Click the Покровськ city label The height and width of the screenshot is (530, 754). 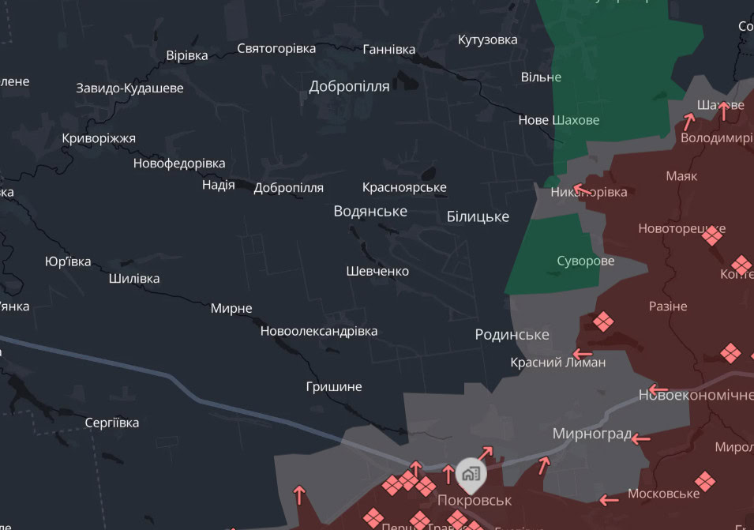[475, 501]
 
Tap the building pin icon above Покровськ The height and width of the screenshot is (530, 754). [471, 473]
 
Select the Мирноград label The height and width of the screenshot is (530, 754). [592, 434]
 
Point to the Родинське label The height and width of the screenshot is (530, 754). [512, 335]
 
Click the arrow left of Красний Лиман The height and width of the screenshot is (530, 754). [583, 354]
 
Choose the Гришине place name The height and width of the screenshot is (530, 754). [334, 387]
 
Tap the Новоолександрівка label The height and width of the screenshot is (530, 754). [319, 332]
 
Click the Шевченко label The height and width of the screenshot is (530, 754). [377, 272]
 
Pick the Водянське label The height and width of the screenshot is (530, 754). [370, 211]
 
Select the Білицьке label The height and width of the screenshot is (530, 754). [478, 216]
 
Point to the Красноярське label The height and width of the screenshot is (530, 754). [404, 188]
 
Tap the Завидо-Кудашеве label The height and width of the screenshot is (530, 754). [129, 88]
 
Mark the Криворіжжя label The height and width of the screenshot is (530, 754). [99, 139]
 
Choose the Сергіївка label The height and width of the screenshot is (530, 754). [112, 423]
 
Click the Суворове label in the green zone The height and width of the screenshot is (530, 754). [585, 261]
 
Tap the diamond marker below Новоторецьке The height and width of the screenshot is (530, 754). [712, 235]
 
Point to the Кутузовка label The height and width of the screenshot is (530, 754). [488, 40]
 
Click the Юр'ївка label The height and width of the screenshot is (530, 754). [68, 262]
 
